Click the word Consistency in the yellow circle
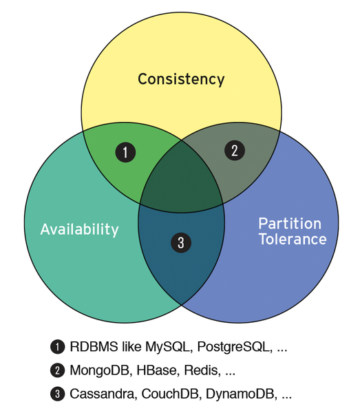(x=181, y=79)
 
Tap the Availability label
(x=80, y=229)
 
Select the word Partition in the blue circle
(x=290, y=224)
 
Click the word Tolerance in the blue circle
(x=293, y=239)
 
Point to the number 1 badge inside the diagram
(x=125, y=152)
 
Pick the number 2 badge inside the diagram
(x=235, y=150)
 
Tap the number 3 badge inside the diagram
(x=181, y=242)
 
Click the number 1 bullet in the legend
(x=57, y=347)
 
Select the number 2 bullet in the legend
(x=57, y=370)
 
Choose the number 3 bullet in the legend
(x=57, y=394)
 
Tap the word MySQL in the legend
(x=167, y=347)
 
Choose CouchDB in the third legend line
(x=170, y=394)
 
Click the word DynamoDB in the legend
(x=241, y=394)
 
